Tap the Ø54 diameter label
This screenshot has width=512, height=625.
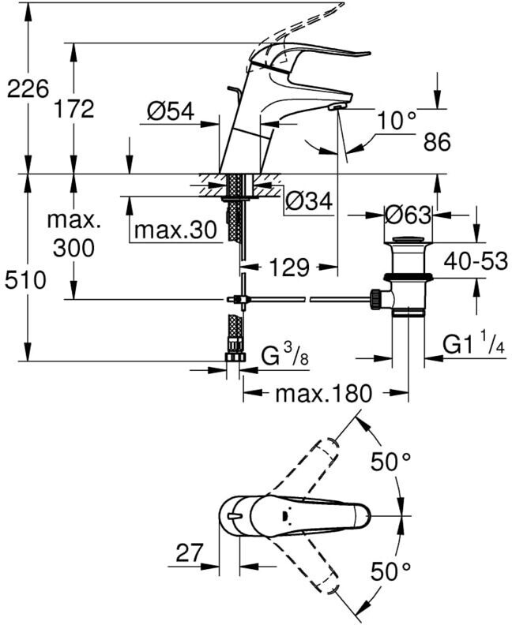coord(171,112)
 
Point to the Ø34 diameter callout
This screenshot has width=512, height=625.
coord(308,201)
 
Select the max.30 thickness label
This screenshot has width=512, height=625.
coord(175,230)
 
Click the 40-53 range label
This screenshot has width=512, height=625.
coord(474,260)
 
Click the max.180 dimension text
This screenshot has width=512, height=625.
coord(322,394)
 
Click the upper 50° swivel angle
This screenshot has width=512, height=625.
coord(393,462)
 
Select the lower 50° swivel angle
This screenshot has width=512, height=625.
coord(393,570)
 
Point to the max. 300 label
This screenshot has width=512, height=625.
coord(73,234)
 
